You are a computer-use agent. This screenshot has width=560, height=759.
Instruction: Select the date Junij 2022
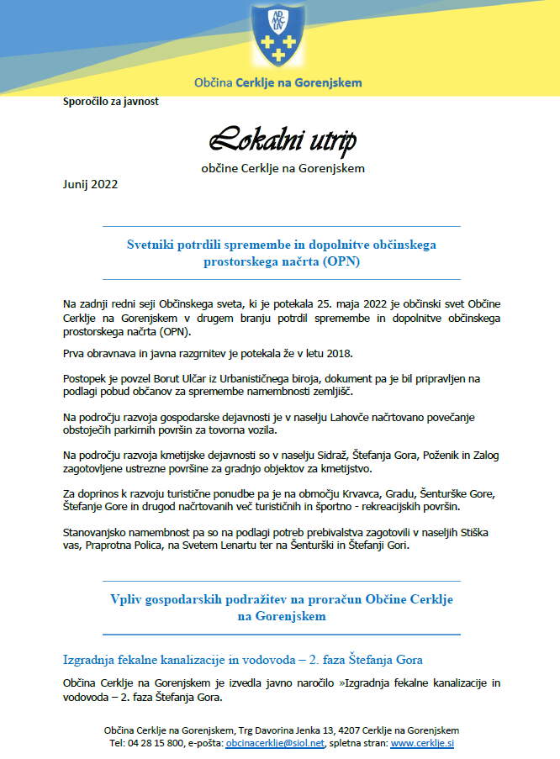(x=91, y=184)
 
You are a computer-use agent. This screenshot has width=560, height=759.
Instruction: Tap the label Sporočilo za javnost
(x=111, y=103)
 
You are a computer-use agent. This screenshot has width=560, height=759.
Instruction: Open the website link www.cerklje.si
(x=423, y=744)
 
